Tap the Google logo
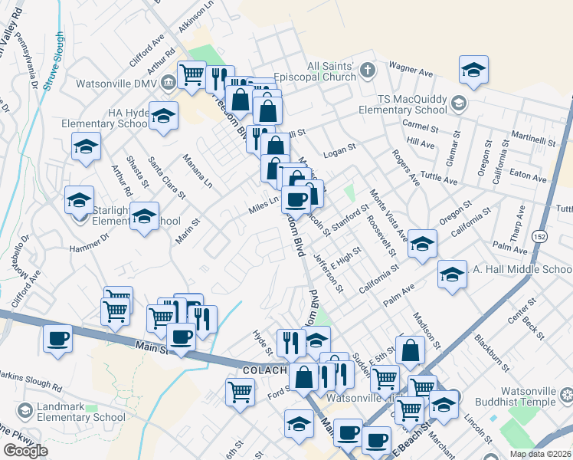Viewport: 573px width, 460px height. [25, 451]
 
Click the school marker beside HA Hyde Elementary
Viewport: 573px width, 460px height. [163, 116]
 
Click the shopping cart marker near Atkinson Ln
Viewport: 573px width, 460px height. [192, 75]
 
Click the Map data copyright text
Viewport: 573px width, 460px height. [540, 454]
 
